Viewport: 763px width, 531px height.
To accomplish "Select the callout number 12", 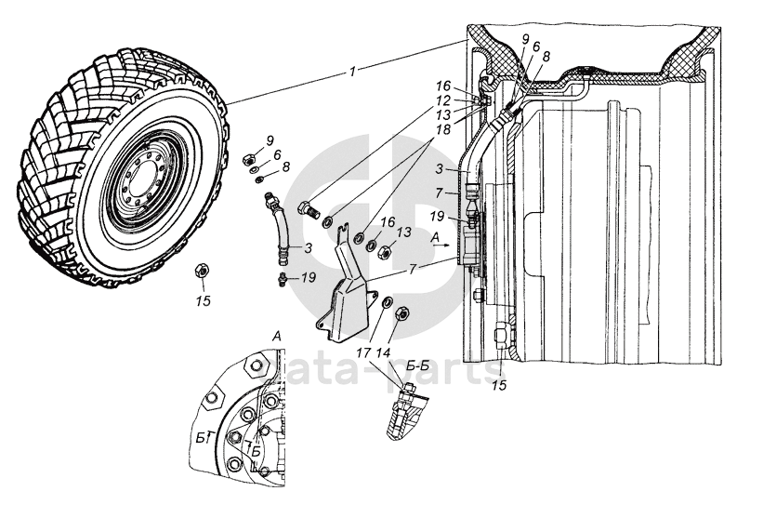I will click(x=445, y=100).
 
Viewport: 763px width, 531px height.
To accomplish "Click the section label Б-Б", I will click(x=417, y=368).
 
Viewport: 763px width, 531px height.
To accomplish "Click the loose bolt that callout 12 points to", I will click(x=308, y=209).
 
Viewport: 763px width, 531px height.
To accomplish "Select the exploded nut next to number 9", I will click(x=250, y=158).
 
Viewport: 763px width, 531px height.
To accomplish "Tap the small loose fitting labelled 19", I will click(x=282, y=276).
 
